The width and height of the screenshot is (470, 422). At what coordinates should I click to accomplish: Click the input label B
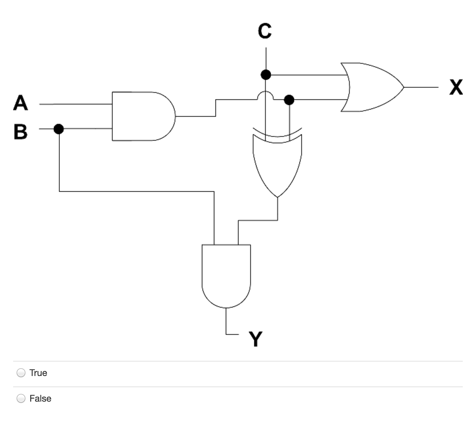20,131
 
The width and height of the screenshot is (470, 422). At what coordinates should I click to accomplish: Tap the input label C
265,31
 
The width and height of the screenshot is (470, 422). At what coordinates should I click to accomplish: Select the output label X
456,87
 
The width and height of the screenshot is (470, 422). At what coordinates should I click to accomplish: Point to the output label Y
255,339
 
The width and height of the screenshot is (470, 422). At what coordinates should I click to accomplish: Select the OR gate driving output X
371,87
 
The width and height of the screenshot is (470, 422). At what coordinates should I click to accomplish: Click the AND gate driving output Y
226,274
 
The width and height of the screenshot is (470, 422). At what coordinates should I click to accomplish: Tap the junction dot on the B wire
58,129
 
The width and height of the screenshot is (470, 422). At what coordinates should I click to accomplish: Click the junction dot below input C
266,75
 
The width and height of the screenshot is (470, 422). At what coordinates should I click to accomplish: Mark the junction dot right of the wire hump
289,100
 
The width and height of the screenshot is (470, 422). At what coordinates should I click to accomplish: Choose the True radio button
21,373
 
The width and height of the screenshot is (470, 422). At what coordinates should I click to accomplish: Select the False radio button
21,398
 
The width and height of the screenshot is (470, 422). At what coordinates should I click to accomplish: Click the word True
38,373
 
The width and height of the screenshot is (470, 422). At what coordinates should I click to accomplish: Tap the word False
40,398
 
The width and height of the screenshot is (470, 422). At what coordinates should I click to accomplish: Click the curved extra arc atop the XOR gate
277,133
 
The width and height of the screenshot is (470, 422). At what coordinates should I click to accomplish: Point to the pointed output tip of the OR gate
403,87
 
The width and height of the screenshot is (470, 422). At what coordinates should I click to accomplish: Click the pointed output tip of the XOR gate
278,197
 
